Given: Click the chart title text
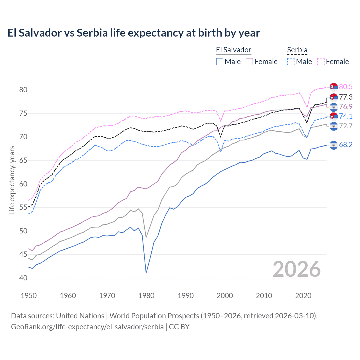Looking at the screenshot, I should point(134,33).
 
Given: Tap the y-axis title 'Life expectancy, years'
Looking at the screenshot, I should point(12,180).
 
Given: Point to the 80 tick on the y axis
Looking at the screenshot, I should point(23,90).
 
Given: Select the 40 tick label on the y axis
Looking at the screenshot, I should point(23,278).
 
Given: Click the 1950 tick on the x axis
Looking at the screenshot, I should point(29,296).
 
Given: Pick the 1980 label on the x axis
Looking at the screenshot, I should point(146,296).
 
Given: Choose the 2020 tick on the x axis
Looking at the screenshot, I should point(303,296).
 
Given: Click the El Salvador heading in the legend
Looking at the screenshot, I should point(233,50).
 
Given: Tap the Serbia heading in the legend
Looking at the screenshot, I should point(297,50).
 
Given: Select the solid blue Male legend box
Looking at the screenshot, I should point(220,62).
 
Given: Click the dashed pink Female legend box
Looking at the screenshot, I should point(321,62).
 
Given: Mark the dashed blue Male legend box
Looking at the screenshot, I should point(291,62).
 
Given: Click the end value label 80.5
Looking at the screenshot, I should point(346,87).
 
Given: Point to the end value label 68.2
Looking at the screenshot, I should point(346,145).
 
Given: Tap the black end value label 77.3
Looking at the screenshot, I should point(346,97).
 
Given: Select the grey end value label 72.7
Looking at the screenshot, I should point(346,126).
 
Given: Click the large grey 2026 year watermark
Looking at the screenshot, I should point(296,269).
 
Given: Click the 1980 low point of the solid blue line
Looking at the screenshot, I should point(146,273).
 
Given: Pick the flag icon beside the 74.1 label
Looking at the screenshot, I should point(334,116).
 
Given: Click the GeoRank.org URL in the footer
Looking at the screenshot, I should point(87,327).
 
